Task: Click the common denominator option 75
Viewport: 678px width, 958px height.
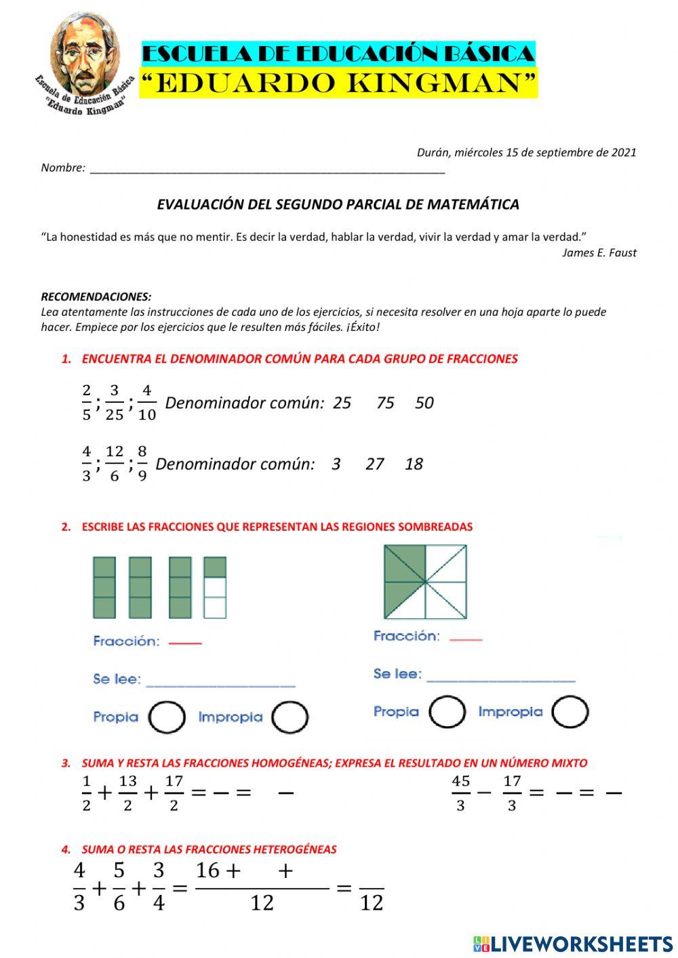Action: click(385, 403)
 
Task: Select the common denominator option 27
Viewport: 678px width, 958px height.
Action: click(374, 464)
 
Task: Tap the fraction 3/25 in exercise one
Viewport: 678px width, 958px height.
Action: click(114, 403)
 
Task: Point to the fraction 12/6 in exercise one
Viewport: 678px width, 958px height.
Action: click(114, 464)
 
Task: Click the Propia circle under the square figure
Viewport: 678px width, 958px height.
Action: click(447, 712)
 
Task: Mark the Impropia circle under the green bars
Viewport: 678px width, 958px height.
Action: click(290, 717)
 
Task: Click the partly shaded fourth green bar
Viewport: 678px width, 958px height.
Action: click(215, 587)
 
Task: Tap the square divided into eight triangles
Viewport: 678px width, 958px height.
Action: click(425, 582)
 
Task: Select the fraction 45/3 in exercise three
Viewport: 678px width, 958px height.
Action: click(460, 793)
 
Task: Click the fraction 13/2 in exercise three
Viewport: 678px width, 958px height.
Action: click(127, 793)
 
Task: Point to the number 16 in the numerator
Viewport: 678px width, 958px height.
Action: click(207, 871)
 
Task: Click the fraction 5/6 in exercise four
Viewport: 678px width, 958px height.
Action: click(119, 886)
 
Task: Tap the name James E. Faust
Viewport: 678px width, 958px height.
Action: click(599, 253)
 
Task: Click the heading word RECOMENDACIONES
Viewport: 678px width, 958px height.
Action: click(96, 297)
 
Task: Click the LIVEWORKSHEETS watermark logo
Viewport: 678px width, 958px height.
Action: click(572, 943)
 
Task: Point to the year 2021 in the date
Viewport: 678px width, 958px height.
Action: click(623, 153)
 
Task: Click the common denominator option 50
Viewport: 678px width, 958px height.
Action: click(424, 403)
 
